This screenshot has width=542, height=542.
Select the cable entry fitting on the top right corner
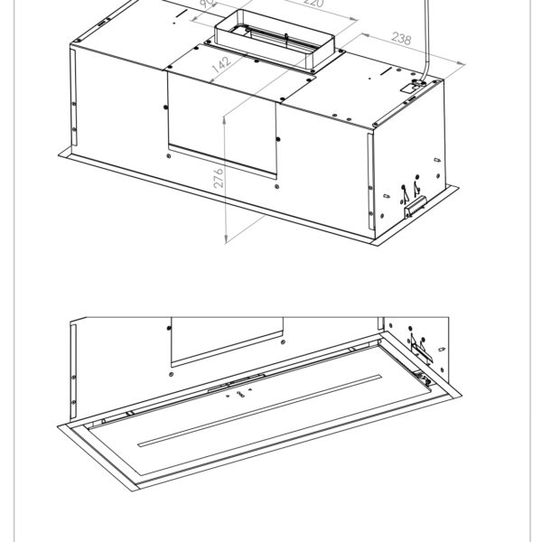pos(416,85)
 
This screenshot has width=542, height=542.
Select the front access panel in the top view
pos(221,122)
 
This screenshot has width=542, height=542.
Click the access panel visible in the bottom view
pos(226,339)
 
